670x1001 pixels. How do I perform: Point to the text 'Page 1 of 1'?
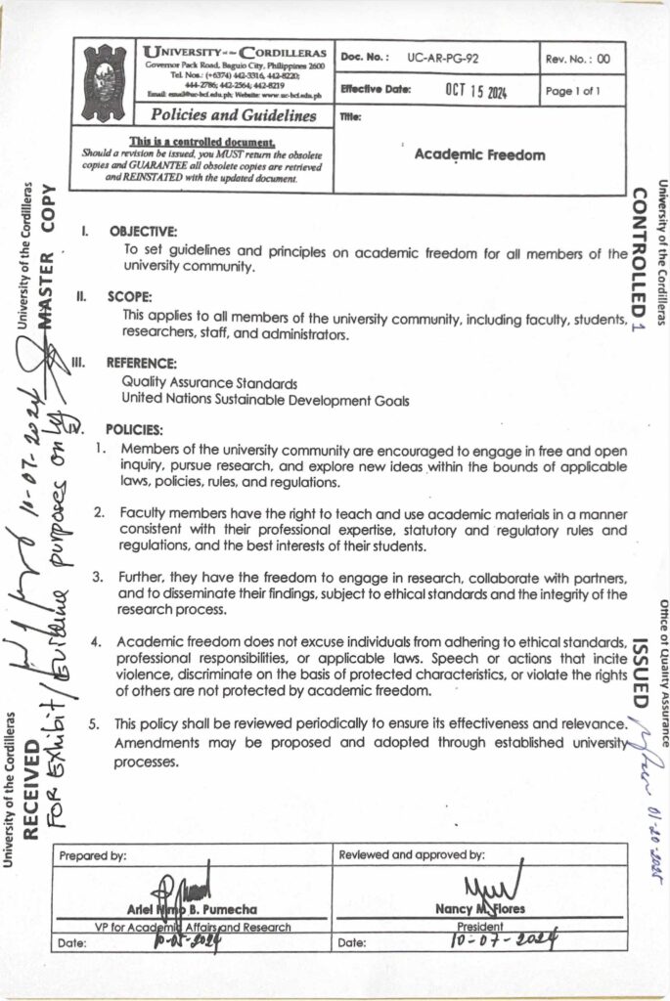[x=573, y=91]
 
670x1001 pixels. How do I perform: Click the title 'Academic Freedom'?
[x=479, y=154]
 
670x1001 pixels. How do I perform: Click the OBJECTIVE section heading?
[x=143, y=232]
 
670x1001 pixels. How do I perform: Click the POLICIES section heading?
[x=134, y=428]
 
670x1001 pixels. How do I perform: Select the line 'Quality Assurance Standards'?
[x=209, y=382]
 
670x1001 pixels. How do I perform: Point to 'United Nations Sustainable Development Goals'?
[x=264, y=399]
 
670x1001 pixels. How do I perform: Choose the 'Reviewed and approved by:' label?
[x=411, y=854]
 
